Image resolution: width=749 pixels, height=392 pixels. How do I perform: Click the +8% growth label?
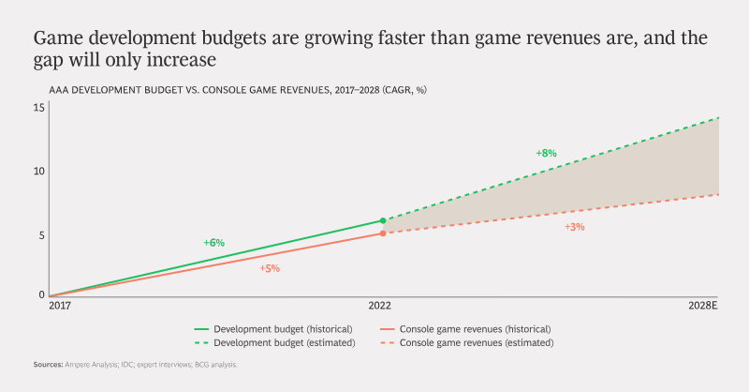[546, 153]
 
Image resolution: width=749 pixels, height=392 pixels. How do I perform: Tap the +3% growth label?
[575, 227]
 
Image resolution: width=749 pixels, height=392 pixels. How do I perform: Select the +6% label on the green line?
[214, 243]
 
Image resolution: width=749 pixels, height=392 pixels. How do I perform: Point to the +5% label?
[270, 268]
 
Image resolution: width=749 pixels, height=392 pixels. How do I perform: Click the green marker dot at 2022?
[383, 220]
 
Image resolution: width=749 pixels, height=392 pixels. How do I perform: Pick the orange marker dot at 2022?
[383, 234]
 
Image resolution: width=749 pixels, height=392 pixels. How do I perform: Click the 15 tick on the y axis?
[38, 108]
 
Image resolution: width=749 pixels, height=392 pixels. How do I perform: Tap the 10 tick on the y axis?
[38, 172]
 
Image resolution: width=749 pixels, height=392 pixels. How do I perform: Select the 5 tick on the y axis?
[41, 235]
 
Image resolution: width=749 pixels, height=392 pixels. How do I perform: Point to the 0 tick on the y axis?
[41, 294]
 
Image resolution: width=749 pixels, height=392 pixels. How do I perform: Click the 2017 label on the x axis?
[60, 306]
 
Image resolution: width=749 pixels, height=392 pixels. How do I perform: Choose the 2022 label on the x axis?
[380, 306]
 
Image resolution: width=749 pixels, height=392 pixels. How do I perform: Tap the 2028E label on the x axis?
[703, 306]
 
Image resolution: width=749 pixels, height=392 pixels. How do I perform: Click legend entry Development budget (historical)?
[273, 329]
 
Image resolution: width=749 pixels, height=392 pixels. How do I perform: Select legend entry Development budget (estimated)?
[274, 342]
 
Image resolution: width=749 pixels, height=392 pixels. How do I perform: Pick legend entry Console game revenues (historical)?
[465, 329]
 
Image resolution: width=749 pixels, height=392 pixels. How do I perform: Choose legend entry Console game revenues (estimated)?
[466, 342]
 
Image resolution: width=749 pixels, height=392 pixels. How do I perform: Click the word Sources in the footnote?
[49, 365]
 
